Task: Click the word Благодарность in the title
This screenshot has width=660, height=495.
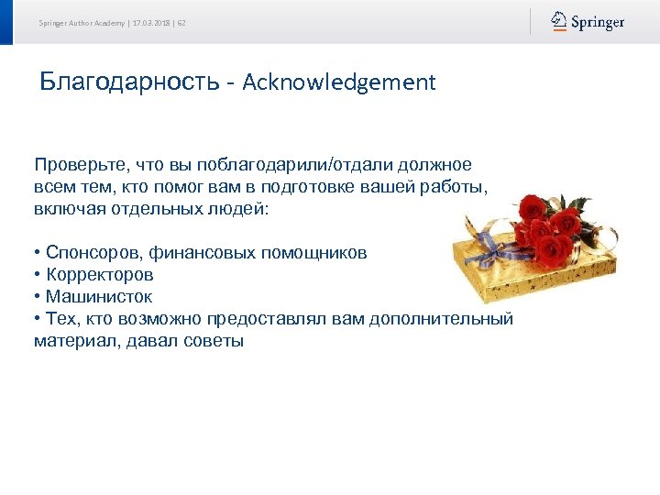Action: pyautogui.click(x=129, y=82)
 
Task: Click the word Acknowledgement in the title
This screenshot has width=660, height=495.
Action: pyautogui.click(x=339, y=82)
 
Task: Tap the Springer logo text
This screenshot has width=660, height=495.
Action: pyautogui.click(x=598, y=22)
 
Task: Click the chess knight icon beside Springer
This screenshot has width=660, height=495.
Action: pyautogui.click(x=559, y=21)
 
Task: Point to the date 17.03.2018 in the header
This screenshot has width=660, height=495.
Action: pyautogui.click(x=152, y=23)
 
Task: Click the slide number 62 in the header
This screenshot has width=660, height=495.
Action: pyautogui.click(x=181, y=23)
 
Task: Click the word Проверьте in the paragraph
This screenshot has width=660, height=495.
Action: pyautogui.click(x=80, y=165)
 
